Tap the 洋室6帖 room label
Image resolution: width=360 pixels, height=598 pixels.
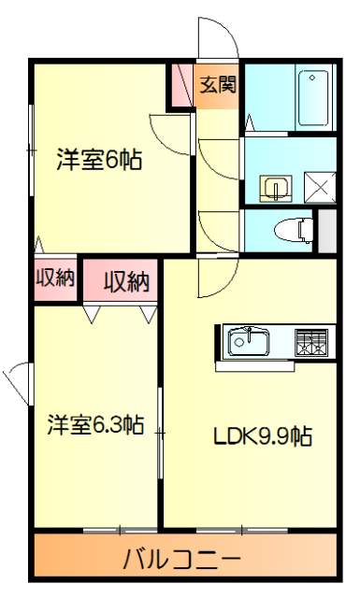tap(99, 160)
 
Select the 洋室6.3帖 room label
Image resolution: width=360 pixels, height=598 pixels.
tap(96, 426)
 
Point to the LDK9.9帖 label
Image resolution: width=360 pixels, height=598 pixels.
tap(262, 435)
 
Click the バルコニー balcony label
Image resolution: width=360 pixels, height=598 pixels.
tap(183, 561)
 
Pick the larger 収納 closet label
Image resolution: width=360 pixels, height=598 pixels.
tap(126, 280)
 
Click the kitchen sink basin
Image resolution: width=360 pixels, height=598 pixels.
tap(249, 341)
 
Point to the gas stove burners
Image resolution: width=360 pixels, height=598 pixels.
tap(313, 342)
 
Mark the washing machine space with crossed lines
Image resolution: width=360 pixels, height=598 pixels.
tap(319, 188)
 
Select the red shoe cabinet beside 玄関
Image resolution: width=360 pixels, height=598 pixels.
tap(181, 86)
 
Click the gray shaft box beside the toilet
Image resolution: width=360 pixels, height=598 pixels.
tap(326, 230)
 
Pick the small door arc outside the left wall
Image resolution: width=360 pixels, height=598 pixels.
tap(15, 381)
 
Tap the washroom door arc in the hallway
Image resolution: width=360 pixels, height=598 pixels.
tap(217, 154)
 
